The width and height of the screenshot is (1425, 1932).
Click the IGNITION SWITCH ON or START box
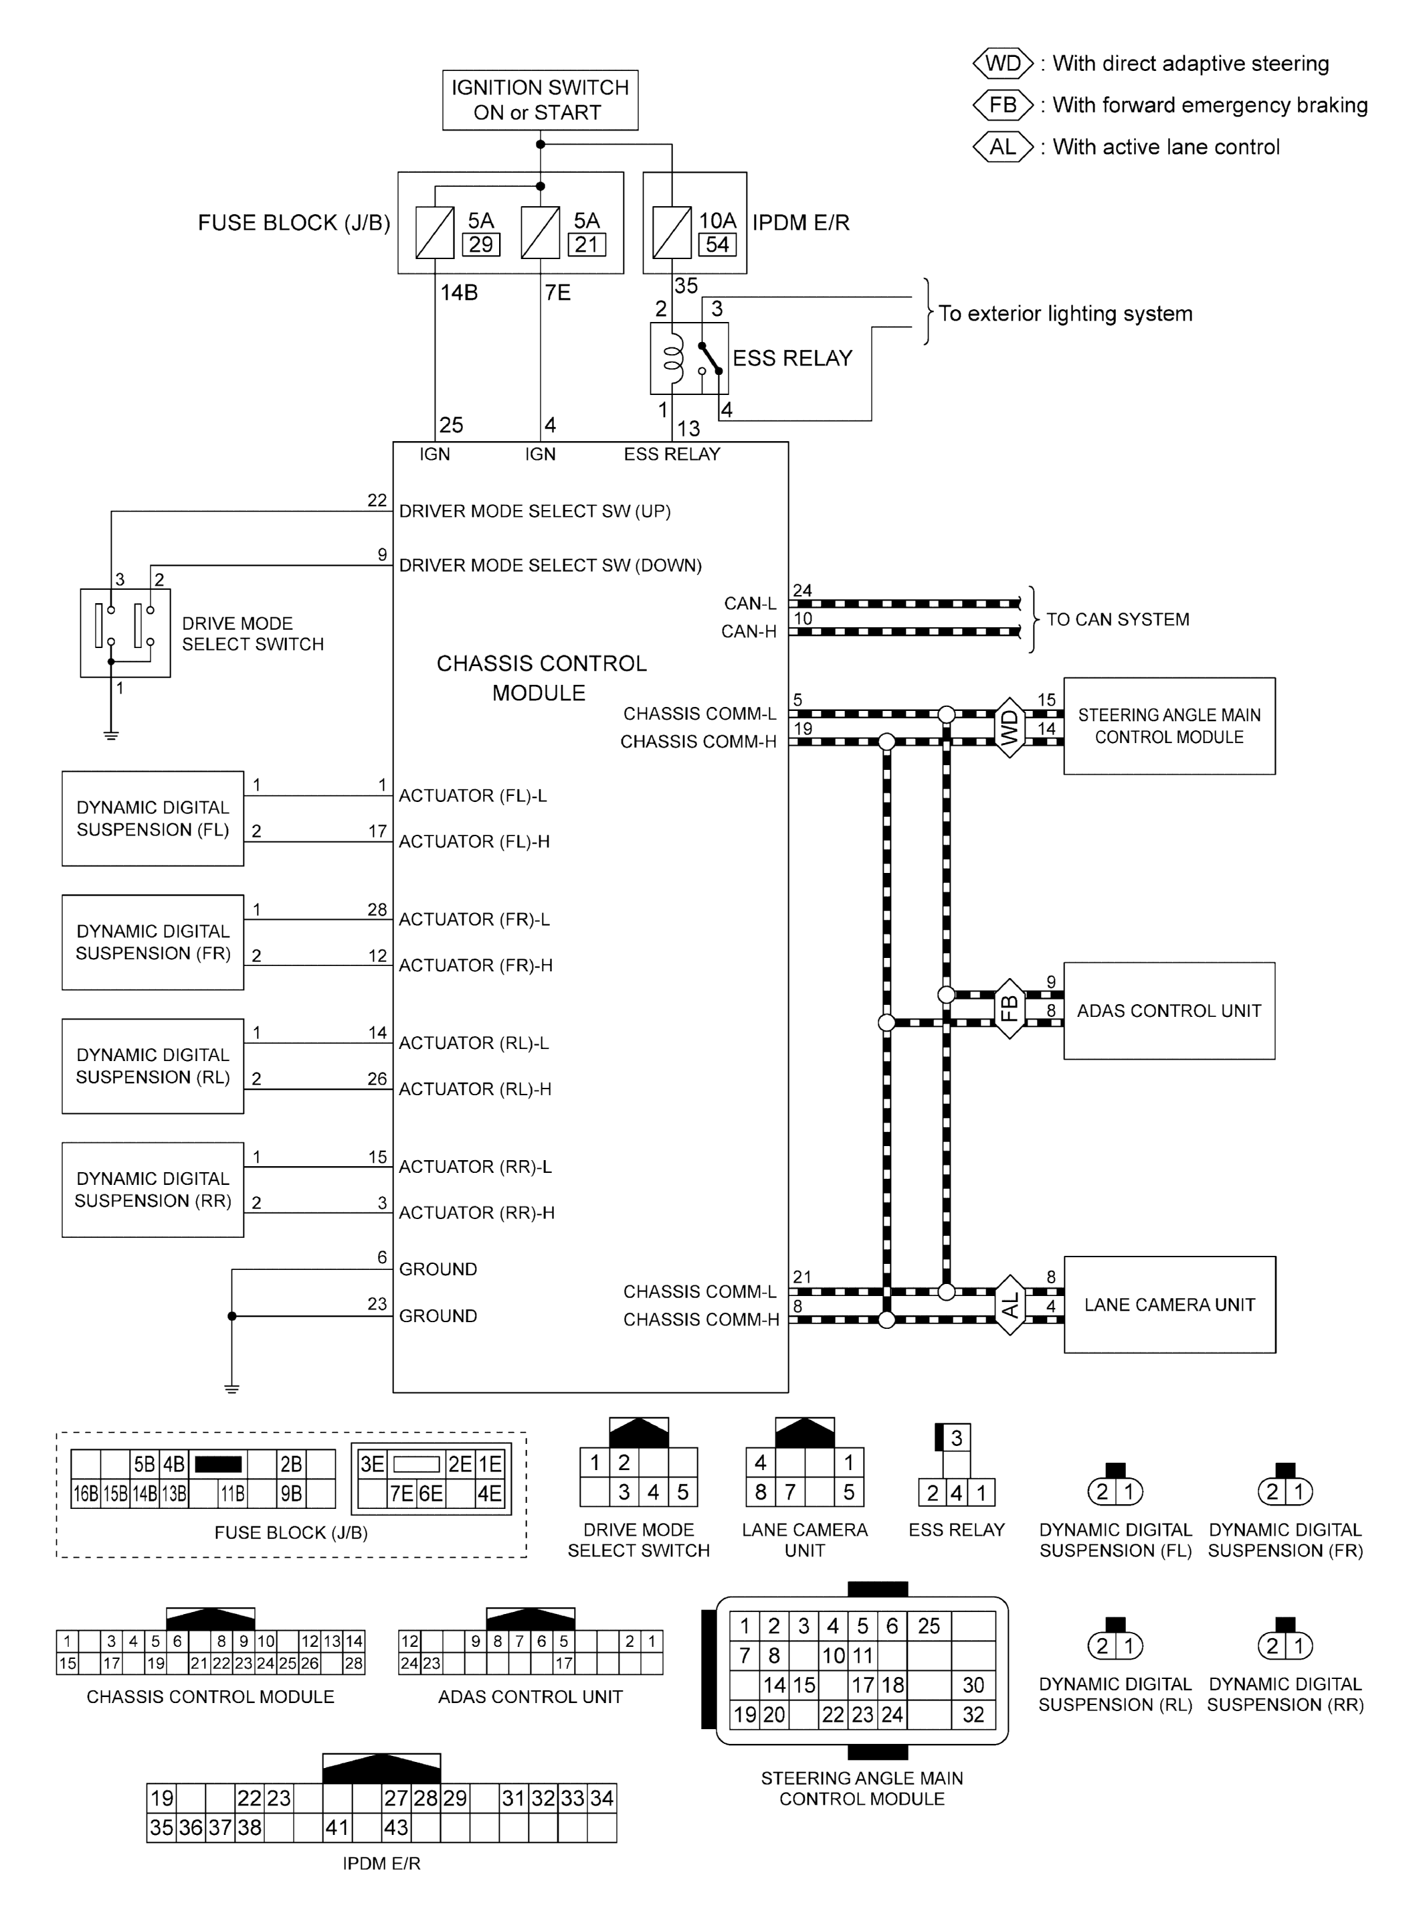tap(540, 100)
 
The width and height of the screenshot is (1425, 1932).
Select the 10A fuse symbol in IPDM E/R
tap(671, 232)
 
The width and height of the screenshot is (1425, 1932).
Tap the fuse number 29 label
tap(480, 245)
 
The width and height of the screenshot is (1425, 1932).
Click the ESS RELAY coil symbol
tap(673, 358)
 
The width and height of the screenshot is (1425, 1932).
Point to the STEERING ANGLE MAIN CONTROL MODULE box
tap(1169, 726)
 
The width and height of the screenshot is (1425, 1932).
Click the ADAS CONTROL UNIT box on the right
tap(1169, 1010)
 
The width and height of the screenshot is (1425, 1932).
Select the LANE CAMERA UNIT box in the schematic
tap(1169, 1305)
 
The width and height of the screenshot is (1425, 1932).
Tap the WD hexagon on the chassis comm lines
tap(1010, 728)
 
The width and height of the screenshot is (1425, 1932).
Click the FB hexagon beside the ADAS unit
tap(1010, 1008)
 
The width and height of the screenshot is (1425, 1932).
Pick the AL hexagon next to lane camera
tap(1010, 1305)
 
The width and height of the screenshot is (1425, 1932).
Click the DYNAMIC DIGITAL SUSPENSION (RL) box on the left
tap(153, 1066)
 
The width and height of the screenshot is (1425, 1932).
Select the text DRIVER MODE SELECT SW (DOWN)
tap(551, 565)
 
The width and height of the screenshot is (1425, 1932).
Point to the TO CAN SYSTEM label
tap(1117, 619)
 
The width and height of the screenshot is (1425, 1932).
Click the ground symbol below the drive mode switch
tap(110, 735)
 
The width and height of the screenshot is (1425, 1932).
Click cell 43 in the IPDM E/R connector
tap(396, 1827)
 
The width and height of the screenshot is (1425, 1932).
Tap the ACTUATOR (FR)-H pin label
tap(475, 965)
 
